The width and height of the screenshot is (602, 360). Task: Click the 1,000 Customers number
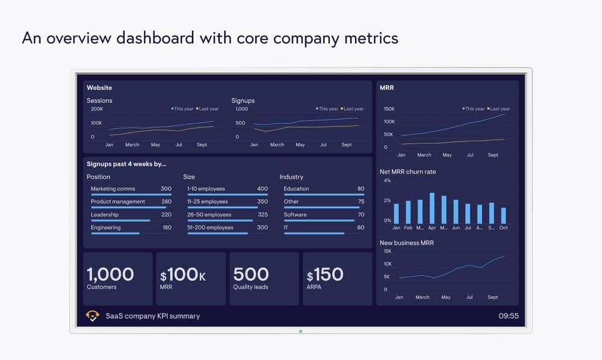point(110,275)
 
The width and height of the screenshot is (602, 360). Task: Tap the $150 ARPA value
point(325,275)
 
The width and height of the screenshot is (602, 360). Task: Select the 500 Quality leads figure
point(251,275)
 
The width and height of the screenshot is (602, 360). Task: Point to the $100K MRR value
point(183,275)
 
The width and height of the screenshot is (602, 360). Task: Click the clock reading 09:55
point(508,315)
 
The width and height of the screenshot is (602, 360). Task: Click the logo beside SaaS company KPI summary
point(93,315)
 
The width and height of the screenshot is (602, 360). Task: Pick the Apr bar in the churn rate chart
point(432,208)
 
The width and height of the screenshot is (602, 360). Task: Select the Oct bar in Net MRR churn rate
point(503,216)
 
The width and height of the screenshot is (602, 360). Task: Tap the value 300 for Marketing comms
point(166,189)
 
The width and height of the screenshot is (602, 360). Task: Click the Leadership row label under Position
point(105,215)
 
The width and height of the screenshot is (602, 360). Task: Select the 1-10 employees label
point(206,189)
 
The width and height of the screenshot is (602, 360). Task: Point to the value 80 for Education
point(361,189)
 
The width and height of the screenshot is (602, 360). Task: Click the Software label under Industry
point(295,215)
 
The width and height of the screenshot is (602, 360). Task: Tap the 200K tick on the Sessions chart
point(96,110)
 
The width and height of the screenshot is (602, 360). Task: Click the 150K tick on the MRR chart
point(389,110)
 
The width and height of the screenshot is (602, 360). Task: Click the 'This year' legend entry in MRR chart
point(473,109)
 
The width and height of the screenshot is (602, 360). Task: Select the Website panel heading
point(99,88)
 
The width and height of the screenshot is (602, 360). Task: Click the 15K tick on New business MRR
point(388,252)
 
